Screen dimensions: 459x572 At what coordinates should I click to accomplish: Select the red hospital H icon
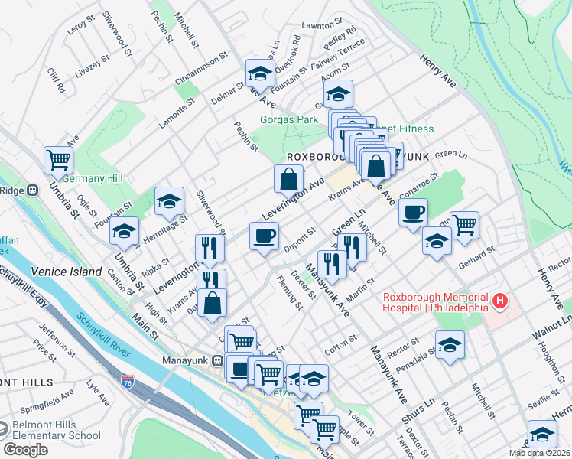point(500,301)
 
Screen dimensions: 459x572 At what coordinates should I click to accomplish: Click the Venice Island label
point(67,272)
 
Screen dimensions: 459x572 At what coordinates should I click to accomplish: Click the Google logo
point(24,449)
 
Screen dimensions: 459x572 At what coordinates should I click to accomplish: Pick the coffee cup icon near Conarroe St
point(413,212)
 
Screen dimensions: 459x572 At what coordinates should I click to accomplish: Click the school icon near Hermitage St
point(170,201)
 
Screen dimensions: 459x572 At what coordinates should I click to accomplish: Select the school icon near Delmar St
point(259,74)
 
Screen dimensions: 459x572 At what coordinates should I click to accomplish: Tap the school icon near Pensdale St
point(450,344)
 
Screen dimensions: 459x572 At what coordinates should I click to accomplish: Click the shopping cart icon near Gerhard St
point(464,225)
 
